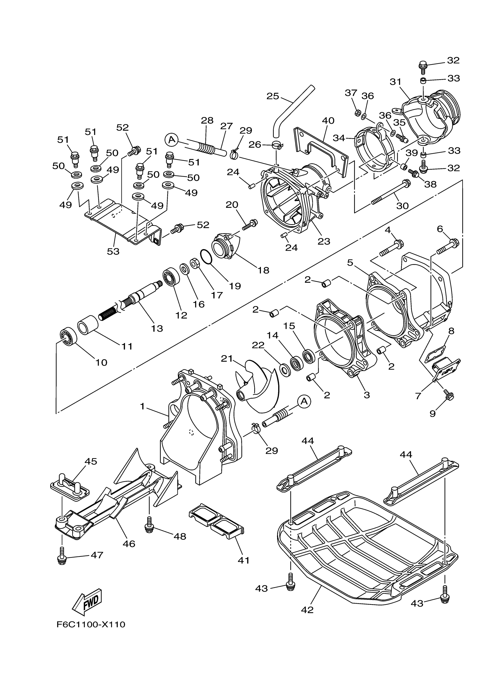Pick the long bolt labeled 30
coord(390,192)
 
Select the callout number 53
coord(113,251)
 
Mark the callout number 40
coord(328,121)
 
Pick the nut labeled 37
coord(357,113)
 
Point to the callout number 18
coord(263,270)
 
